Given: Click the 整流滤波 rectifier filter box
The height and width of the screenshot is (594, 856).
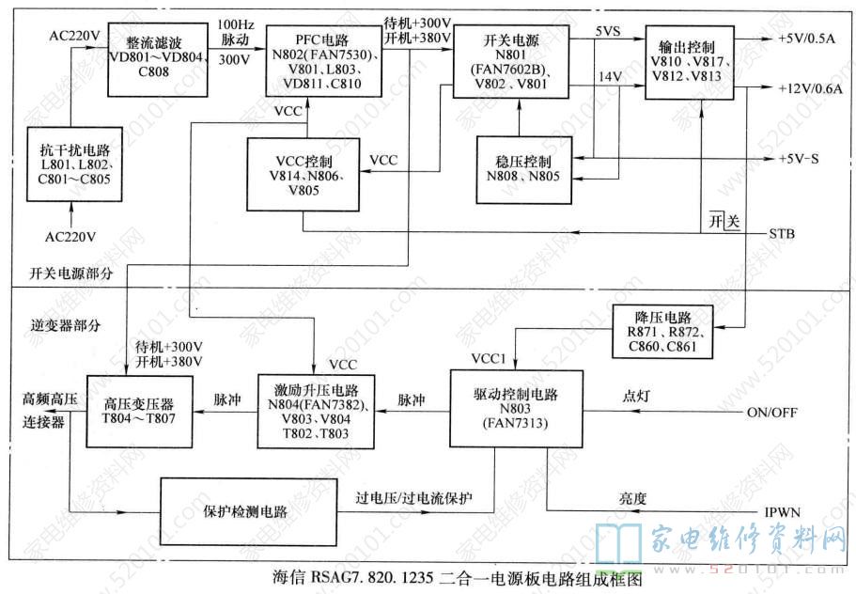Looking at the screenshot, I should pyautogui.click(x=146, y=57).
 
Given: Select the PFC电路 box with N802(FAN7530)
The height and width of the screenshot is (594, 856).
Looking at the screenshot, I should pyautogui.click(x=323, y=59).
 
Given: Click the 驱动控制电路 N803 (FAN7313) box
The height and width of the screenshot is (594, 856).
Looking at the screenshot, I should pyautogui.click(x=496, y=407).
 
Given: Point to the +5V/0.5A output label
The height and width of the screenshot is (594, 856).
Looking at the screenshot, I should pyautogui.click(x=811, y=39).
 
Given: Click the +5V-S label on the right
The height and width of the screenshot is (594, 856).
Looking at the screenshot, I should pyautogui.click(x=800, y=158).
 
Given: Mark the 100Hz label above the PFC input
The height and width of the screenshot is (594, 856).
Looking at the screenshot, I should pyautogui.click(x=235, y=23).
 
